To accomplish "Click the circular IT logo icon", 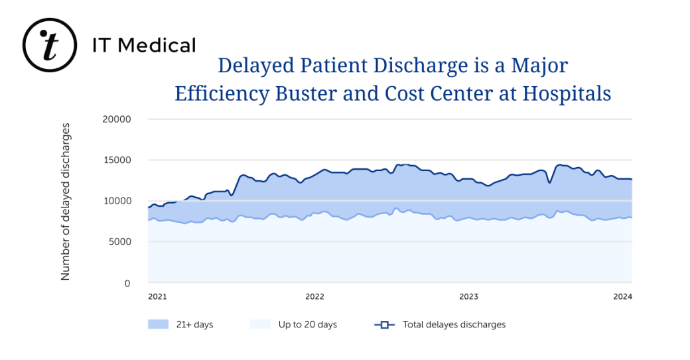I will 50,45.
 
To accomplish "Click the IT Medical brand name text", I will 144,45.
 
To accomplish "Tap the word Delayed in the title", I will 256,66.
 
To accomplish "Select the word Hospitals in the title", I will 567,93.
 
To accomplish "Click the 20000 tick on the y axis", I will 117,119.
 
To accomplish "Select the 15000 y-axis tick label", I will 117,160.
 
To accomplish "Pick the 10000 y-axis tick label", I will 117,201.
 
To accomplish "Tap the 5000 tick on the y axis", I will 120,242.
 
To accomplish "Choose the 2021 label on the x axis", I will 157,296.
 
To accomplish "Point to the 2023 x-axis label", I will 468,296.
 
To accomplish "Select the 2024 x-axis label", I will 623,296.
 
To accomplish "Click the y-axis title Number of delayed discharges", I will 66,201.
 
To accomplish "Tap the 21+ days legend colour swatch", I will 158,324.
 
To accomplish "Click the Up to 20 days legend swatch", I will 261,324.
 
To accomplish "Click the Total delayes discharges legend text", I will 454,324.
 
